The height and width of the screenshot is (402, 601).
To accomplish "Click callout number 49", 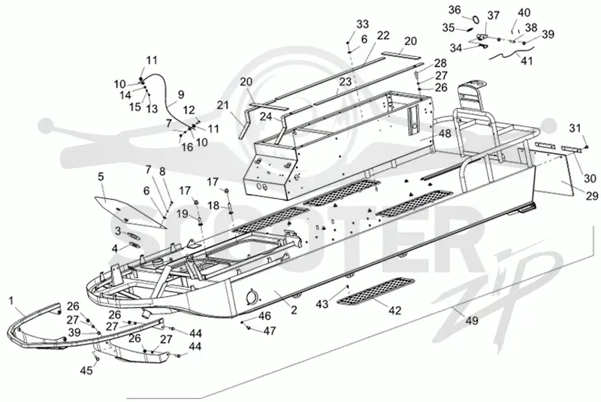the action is pos(472,320).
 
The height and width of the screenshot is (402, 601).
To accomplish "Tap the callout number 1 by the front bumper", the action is pos(11,301).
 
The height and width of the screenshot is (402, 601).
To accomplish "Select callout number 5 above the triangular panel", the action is pos(101,177).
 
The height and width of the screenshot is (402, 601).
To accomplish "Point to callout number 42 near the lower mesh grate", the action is pos(395,310).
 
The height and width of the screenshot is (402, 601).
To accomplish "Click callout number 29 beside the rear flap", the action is pos(592,196).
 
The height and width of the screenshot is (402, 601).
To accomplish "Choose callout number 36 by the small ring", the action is pos(455,10).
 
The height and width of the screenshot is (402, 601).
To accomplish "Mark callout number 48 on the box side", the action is pos(445,134).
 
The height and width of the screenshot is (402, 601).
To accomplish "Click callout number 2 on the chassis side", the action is pos(294,310).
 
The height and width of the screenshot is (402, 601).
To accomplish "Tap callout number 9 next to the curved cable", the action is pos(181,94).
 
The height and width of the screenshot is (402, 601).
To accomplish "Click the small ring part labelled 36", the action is pos(475,20).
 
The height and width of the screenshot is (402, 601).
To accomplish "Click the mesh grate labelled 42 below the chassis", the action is pos(375,292).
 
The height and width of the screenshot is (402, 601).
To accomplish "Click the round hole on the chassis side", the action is pos(252,295).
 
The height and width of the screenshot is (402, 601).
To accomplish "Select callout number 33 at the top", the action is pos(362,24).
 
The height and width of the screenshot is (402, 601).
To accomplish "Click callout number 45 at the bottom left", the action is pos(86,370).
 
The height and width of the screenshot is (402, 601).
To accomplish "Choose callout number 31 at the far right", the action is pos(575,128).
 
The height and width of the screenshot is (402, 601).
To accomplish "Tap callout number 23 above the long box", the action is pos(345,81).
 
